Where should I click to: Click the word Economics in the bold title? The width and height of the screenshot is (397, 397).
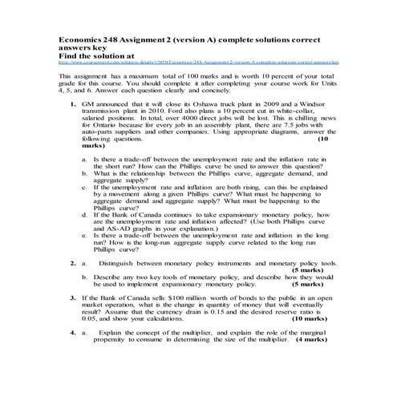coord(83,38)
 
